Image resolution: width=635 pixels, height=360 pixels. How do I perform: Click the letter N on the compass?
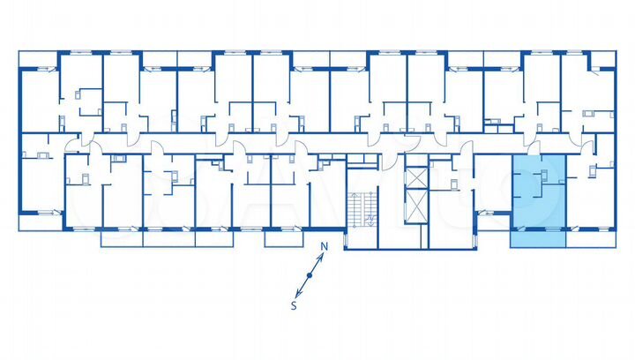click(x=324, y=247)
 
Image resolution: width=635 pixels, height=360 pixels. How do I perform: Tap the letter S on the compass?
click(x=294, y=305)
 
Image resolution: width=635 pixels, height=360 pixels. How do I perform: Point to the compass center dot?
click(x=309, y=276)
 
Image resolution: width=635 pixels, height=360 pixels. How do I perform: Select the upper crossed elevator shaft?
click(x=415, y=177)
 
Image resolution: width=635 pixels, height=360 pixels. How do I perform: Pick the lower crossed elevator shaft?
click(x=415, y=208)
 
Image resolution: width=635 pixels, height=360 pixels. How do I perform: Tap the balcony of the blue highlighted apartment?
click(x=538, y=236)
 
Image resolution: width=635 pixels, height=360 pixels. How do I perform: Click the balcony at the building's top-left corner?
click(x=38, y=58)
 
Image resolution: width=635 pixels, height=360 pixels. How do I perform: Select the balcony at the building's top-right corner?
click(x=602, y=59)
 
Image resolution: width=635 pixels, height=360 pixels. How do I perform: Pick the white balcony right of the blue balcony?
click(x=590, y=237)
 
